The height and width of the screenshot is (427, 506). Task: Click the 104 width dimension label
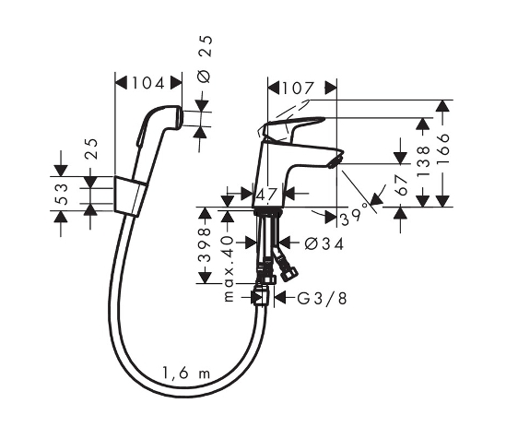148,83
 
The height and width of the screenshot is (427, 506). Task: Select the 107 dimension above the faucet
298,89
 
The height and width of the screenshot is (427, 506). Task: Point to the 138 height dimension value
424,161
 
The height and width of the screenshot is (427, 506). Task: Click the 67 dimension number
402,185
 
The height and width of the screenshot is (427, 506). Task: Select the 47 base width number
266,195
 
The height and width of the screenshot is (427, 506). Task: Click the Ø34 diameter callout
324,243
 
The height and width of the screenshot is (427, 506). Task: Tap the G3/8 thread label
322,299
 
